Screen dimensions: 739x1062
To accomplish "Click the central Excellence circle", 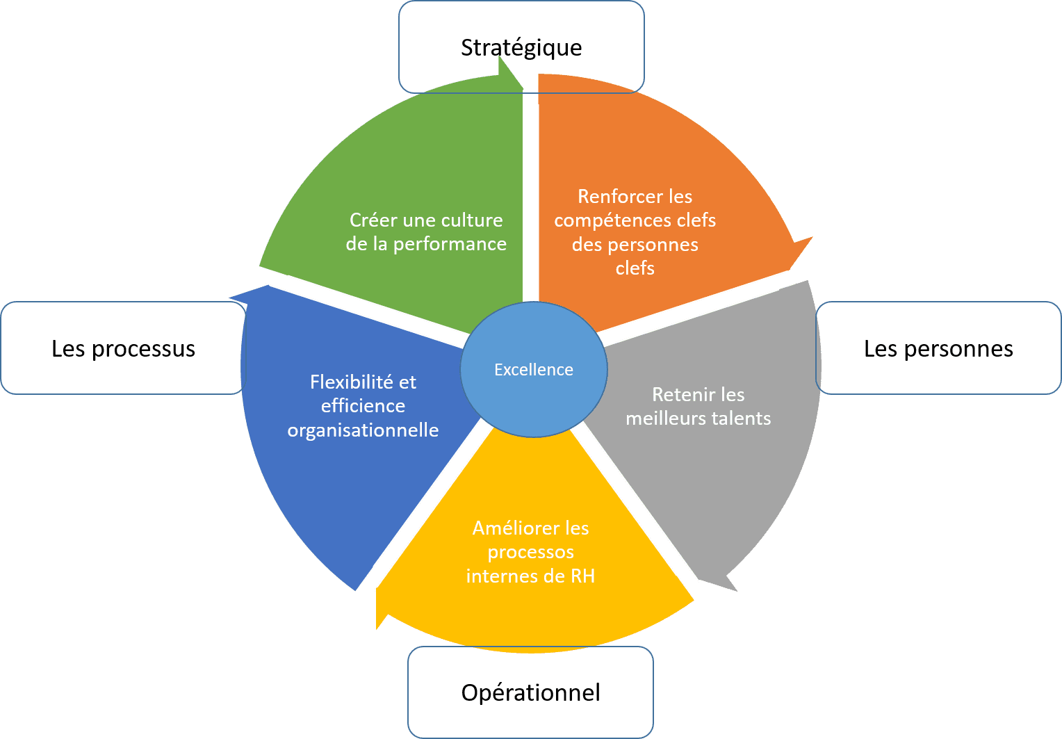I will point(533,369).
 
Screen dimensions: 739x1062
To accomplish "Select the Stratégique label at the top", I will point(521,47).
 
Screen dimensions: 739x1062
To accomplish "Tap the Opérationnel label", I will point(530,692).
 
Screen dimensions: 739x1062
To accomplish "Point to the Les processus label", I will point(123,348).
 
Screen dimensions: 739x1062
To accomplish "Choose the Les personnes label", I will point(938,348).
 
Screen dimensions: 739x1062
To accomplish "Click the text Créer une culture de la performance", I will point(426,232).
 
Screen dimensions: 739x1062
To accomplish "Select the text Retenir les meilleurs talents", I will point(698,406).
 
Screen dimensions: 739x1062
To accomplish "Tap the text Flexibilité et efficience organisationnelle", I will point(363,406).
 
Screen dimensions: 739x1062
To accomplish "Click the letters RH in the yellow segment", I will point(582,576).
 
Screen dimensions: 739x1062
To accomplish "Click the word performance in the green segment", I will point(450,244).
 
